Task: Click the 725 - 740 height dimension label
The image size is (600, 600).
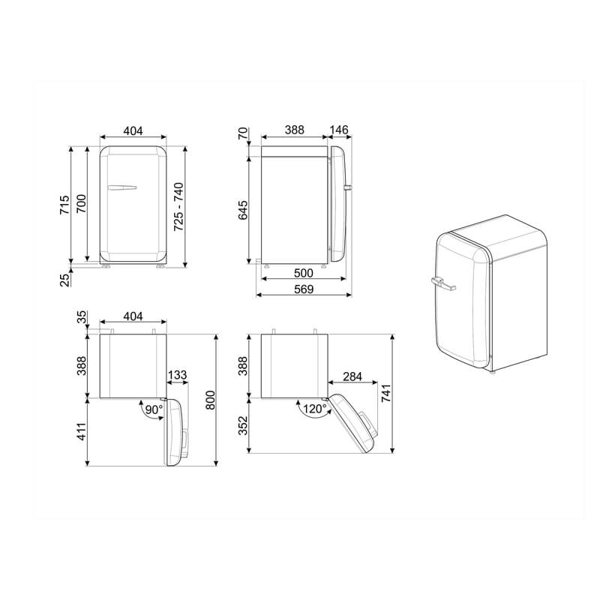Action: click(x=178, y=207)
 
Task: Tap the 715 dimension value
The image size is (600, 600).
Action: click(x=64, y=205)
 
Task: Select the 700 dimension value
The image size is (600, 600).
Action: click(x=81, y=204)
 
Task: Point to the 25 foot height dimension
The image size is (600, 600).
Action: click(x=65, y=280)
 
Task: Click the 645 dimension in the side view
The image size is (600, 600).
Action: click(x=243, y=210)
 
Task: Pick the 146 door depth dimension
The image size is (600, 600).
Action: click(x=339, y=130)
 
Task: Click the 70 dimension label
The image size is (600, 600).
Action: click(x=243, y=133)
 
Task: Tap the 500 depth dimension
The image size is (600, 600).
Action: click(x=304, y=273)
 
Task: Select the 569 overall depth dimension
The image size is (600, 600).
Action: click(x=304, y=289)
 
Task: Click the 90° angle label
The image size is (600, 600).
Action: click(x=154, y=409)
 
